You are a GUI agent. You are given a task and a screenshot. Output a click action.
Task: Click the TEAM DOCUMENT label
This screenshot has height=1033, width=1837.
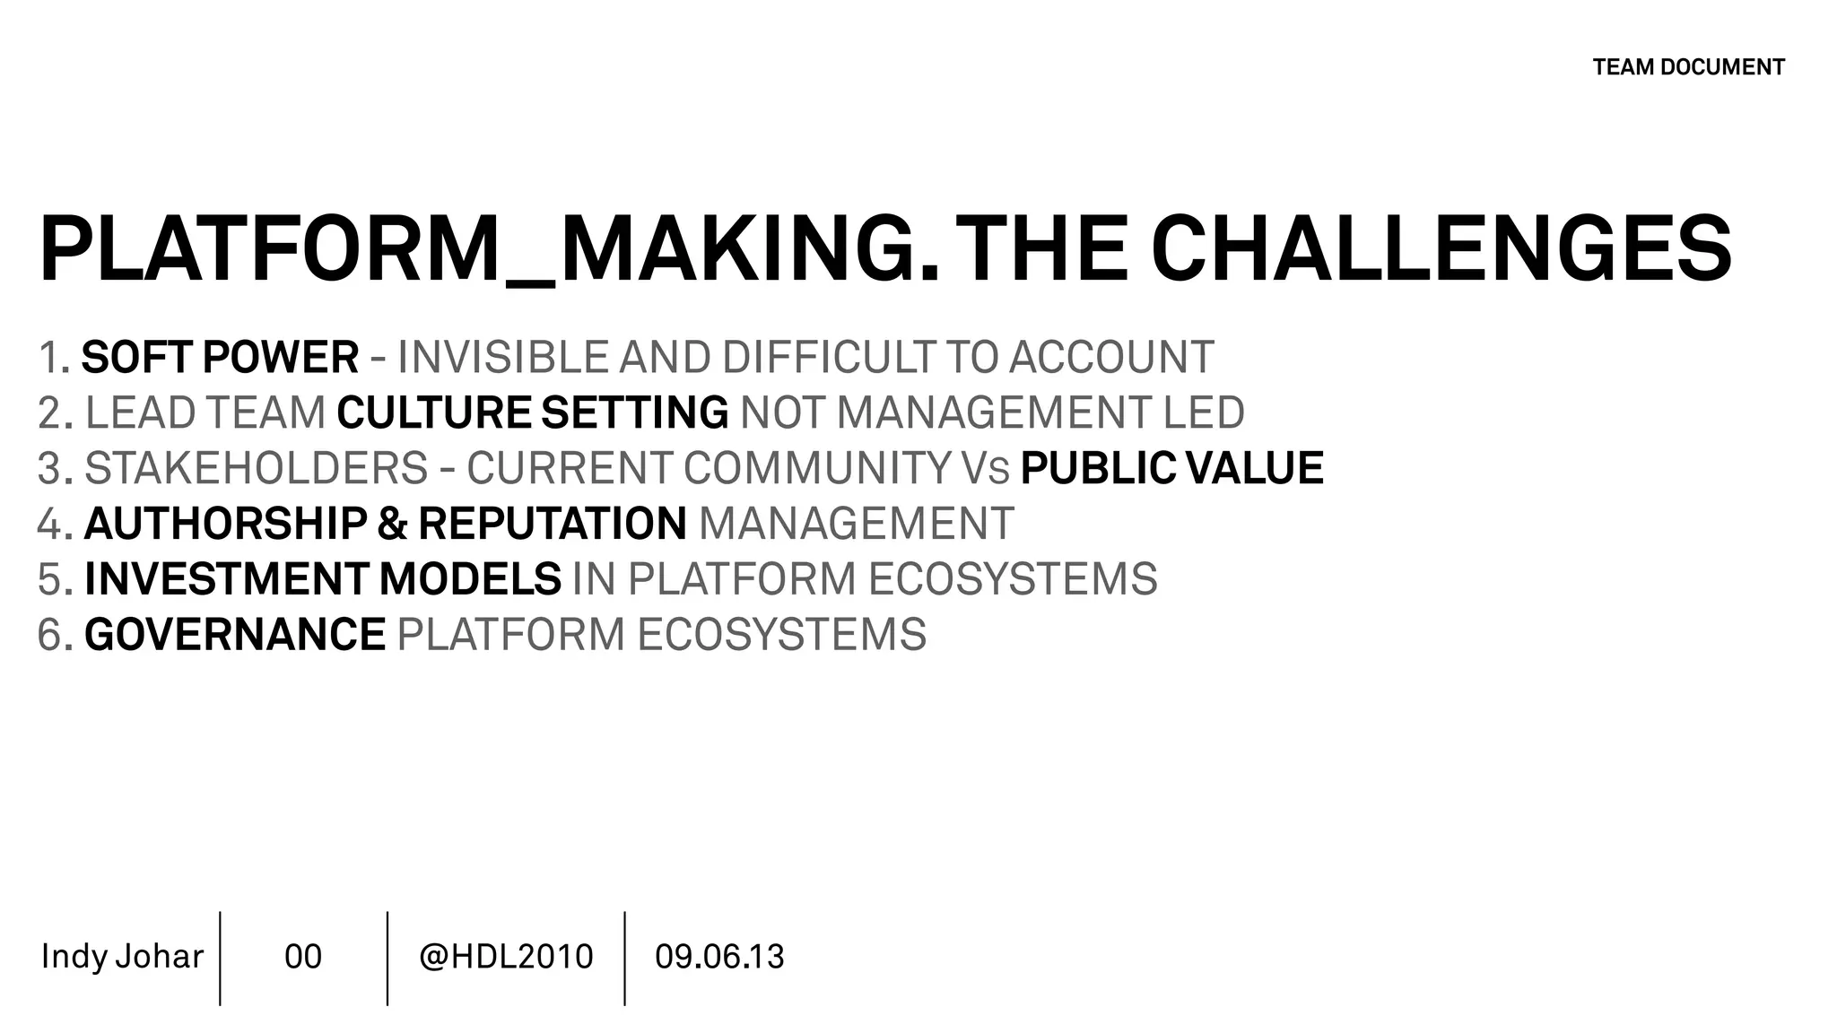tap(1688, 67)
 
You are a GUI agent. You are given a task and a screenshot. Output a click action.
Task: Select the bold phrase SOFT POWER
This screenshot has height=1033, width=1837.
tap(220, 358)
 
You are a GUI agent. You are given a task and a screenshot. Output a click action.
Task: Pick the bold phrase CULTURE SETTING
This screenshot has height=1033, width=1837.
tap(532, 413)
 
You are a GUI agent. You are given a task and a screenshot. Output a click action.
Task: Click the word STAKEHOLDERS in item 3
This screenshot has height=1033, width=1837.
tap(257, 469)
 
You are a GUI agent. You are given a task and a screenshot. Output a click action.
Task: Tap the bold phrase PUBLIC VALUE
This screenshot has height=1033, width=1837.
tap(1171, 469)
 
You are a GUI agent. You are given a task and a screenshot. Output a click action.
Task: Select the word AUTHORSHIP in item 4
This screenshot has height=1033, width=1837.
tap(225, 525)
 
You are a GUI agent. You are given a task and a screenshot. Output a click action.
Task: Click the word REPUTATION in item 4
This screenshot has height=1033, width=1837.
tap(552, 525)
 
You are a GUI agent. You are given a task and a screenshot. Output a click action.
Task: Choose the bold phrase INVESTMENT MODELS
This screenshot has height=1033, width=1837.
tap(322, 579)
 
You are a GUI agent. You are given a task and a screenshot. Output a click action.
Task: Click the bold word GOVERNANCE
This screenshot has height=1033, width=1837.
tap(234, 635)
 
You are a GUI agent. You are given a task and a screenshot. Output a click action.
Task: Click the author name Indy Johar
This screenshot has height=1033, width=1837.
tap(122, 957)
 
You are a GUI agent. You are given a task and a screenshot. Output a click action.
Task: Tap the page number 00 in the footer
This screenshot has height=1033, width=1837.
tap(303, 957)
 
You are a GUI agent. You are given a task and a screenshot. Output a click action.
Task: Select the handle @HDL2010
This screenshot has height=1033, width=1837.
tap(506, 957)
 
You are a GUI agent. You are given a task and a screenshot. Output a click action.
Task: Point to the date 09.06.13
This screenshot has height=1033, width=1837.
tap(719, 957)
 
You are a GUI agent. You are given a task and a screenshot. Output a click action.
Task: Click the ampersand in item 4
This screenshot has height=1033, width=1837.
tap(392, 525)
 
